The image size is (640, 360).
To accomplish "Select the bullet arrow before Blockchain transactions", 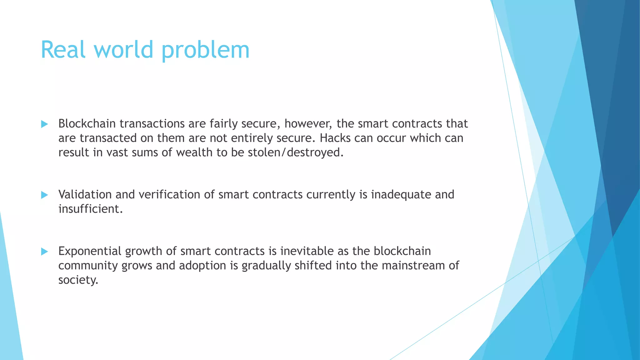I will click(x=44, y=124).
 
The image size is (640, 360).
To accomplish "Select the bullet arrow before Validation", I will click(x=44, y=195).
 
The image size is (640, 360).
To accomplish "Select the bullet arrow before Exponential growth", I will click(x=44, y=252).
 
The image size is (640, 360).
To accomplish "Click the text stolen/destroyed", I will click(x=295, y=153).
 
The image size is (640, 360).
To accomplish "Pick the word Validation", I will click(x=85, y=195).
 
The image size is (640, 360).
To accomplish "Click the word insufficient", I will click(x=90, y=209).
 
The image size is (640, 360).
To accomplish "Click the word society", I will click(x=78, y=280).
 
